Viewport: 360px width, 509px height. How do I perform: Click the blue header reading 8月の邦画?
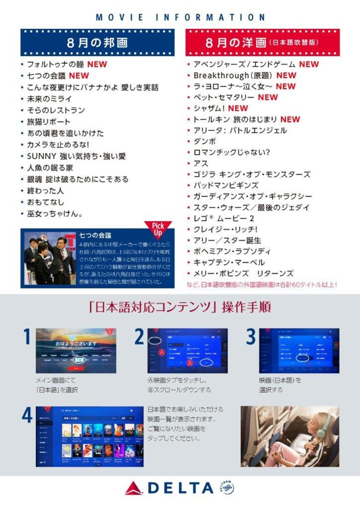97,43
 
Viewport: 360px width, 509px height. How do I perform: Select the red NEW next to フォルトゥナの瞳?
97,65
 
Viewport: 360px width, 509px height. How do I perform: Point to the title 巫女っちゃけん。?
55,213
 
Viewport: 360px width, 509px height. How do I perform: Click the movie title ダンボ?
204,141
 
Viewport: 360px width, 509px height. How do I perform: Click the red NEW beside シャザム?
238,108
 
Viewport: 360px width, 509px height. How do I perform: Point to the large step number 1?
26,337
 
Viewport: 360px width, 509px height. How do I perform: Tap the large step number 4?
26,415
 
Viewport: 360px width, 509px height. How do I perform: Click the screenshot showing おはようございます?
76,350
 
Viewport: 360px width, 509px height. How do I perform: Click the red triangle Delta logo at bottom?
135,488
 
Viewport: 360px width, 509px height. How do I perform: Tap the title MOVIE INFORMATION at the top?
180,18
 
